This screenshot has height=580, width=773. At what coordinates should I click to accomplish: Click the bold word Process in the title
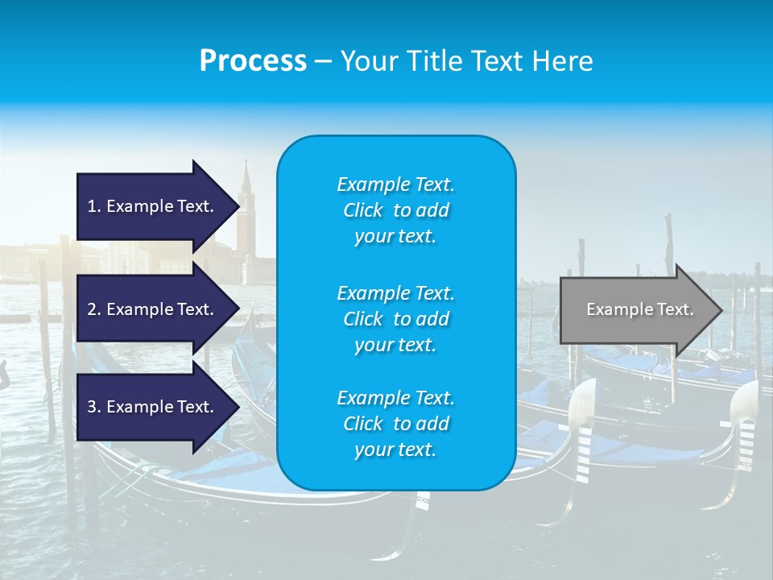253,60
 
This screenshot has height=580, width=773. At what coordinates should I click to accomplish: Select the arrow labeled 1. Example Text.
150,206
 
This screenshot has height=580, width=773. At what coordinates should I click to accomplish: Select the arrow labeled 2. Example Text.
150,309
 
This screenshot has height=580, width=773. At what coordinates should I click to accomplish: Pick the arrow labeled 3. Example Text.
150,407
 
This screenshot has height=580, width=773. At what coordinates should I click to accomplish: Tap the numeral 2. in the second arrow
93,309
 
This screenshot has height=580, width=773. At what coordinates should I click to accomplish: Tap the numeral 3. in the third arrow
93,407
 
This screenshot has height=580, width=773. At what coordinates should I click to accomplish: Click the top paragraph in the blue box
395,210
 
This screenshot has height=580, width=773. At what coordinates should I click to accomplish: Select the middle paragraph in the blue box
395,319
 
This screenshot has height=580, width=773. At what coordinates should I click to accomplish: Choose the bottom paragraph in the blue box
395,424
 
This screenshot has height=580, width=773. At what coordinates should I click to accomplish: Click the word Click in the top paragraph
362,210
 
